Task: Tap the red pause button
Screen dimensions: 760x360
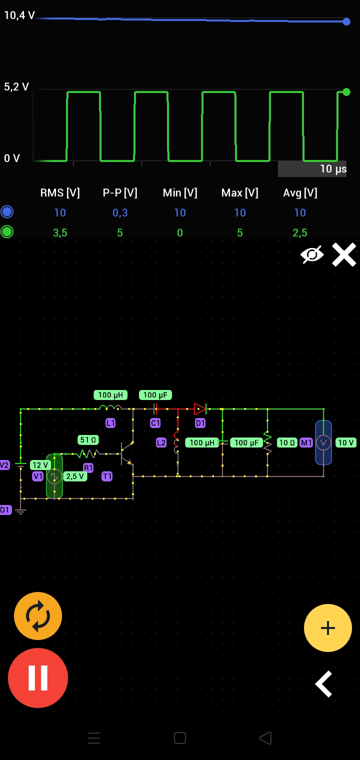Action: point(38,677)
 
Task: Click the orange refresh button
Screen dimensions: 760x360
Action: point(38,616)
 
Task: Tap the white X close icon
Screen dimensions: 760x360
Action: point(344,254)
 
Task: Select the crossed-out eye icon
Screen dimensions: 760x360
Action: point(312,254)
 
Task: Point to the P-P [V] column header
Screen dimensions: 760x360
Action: point(120,193)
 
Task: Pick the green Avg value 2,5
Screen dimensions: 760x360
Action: point(300,232)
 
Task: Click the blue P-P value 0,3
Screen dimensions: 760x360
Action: point(120,213)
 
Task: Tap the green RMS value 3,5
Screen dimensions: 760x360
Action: point(60,232)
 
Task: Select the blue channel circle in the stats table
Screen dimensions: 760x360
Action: point(7,212)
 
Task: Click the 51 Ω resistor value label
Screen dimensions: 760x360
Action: point(88,440)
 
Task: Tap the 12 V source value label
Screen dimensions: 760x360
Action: point(40,465)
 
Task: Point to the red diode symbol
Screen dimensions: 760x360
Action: point(200,409)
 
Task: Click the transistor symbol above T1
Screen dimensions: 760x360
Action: point(126,453)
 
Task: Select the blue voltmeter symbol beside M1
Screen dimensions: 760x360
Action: point(323,442)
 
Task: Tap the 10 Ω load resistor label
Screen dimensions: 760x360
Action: point(287,442)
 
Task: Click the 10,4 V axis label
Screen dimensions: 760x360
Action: point(19,15)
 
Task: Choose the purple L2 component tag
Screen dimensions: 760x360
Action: point(161,442)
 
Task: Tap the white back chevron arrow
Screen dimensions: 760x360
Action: point(324,683)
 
